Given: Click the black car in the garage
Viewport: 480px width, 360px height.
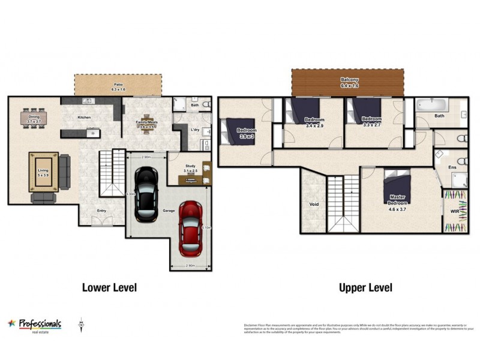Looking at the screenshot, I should (x=145, y=193).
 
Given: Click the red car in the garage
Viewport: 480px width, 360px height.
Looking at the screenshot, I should (x=190, y=227).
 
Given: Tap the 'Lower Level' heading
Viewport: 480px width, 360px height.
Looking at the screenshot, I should (x=109, y=287).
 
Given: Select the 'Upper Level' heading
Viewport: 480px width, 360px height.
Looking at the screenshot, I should (x=365, y=287).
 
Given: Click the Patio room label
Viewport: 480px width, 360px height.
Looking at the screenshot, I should (x=118, y=86).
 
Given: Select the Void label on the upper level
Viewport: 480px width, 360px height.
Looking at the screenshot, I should (x=314, y=205).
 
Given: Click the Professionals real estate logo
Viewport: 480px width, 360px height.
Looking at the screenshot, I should (x=35, y=324).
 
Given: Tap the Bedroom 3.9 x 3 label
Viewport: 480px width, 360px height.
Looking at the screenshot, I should (x=247, y=133).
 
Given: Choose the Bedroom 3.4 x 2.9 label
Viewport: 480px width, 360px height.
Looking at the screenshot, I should (x=314, y=122).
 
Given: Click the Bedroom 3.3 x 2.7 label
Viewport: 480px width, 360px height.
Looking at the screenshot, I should (x=372, y=121).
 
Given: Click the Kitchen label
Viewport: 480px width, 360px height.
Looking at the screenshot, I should (x=84, y=118).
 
